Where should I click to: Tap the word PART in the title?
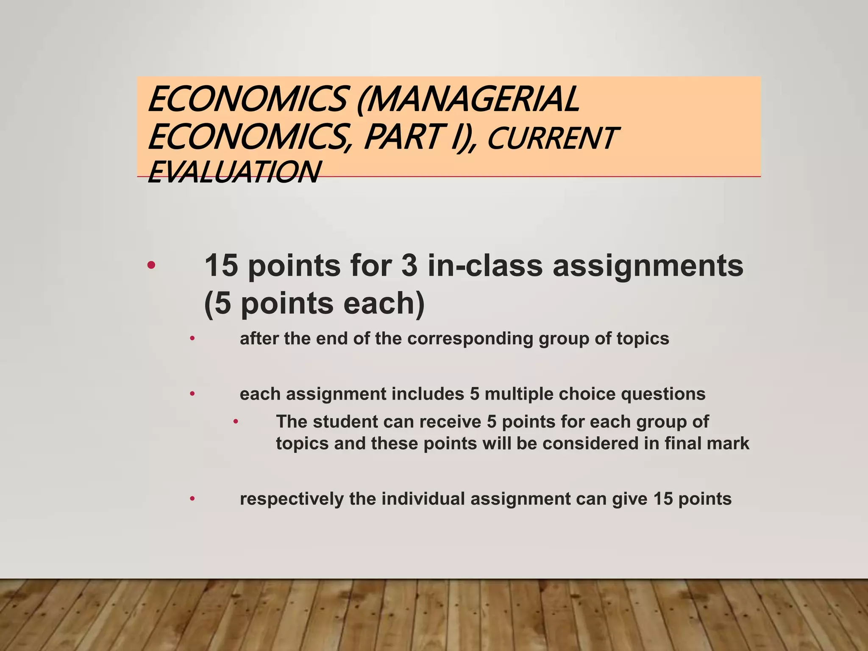408,138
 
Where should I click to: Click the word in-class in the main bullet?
485,266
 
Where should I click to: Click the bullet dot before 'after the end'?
192,339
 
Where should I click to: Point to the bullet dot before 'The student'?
236,422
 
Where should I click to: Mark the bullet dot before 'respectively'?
192,499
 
